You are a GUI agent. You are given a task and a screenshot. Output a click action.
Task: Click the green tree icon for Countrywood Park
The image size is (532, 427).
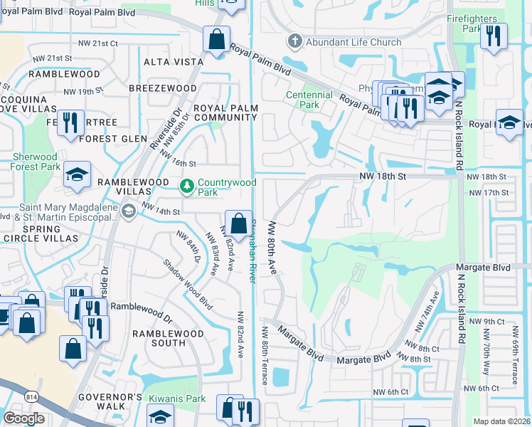click(x=187, y=186)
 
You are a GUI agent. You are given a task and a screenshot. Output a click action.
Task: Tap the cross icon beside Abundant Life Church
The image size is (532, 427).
click(x=295, y=42)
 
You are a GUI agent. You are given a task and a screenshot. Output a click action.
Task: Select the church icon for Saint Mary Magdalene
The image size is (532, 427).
click(x=128, y=211)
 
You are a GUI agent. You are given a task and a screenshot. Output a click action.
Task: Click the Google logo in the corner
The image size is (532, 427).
click(x=23, y=418)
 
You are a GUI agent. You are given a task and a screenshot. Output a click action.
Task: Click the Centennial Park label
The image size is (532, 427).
click(x=309, y=100)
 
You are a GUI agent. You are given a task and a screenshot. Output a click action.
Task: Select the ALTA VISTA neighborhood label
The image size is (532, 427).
click(x=174, y=63)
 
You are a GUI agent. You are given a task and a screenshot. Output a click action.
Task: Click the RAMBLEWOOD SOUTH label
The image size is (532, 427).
click(x=168, y=339)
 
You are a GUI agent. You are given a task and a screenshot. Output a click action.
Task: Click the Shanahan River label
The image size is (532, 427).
click(x=250, y=249)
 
